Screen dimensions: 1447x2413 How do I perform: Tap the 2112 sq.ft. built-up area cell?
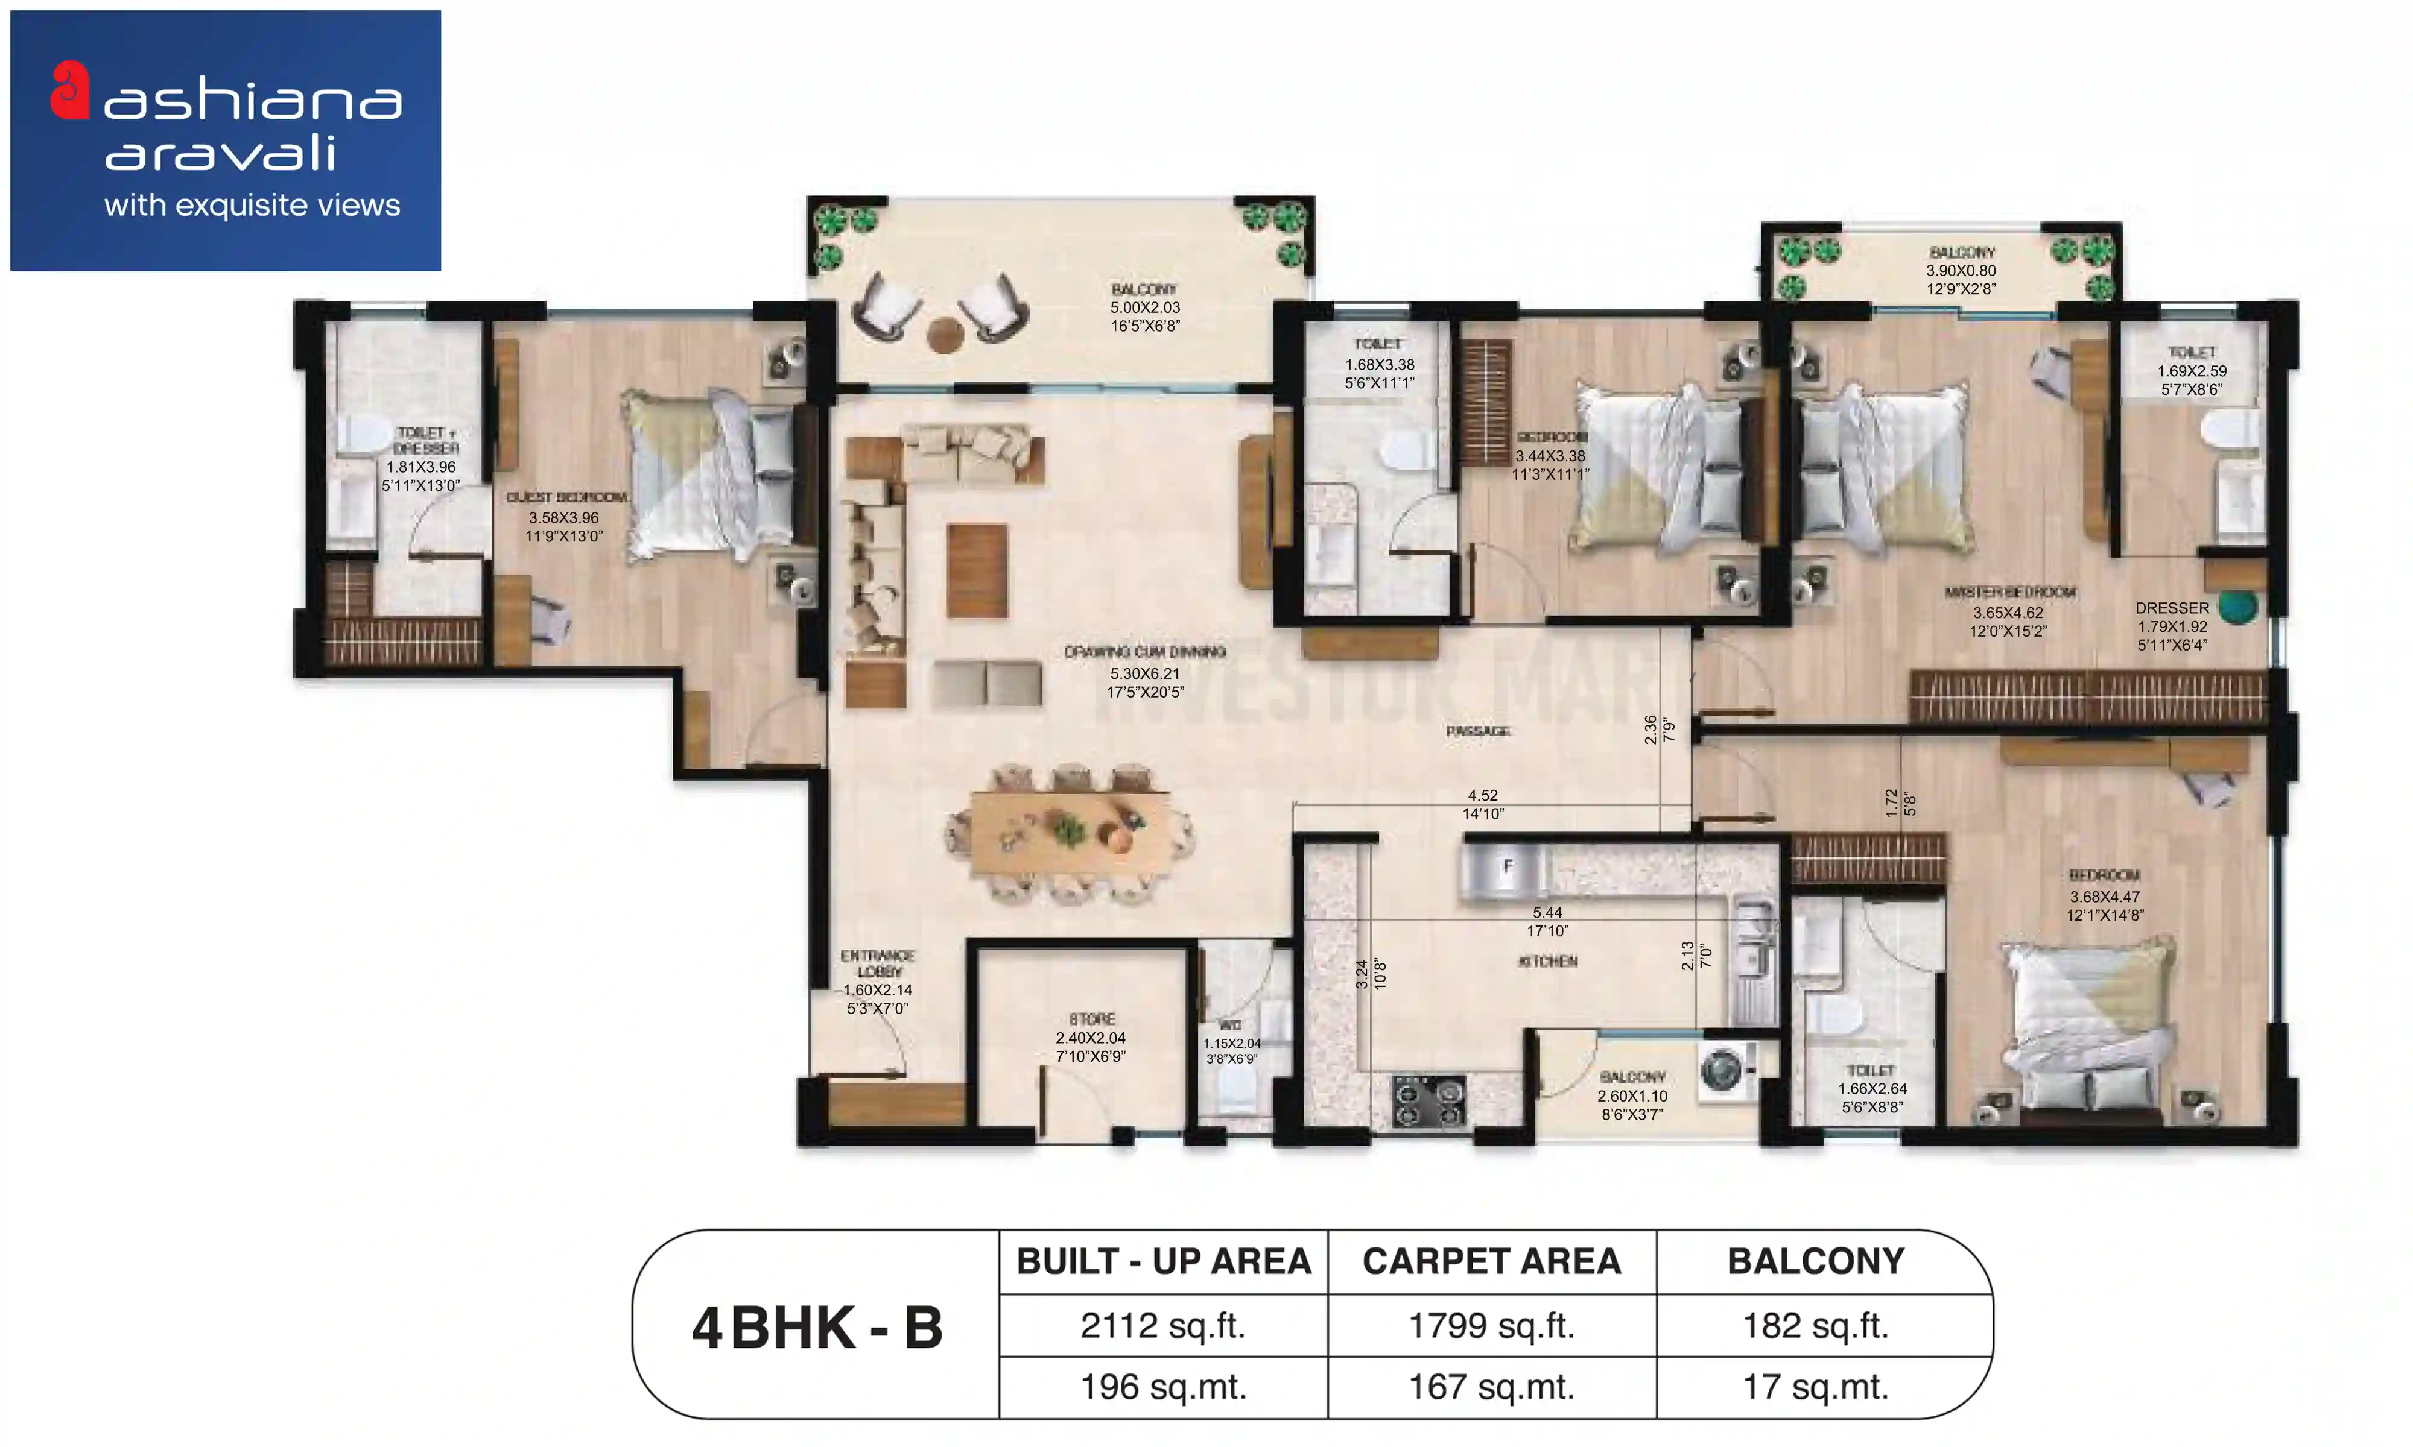click(x=1162, y=1326)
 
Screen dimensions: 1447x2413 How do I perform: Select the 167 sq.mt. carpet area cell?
click(x=1491, y=1387)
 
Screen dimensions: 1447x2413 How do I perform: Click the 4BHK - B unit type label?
click(x=817, y=1328)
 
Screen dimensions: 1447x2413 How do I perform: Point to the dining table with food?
click(x=1071, y=833)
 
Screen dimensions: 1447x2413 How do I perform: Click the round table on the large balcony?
click(x=945, y=335)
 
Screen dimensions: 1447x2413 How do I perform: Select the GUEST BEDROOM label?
click(x=566, y=498)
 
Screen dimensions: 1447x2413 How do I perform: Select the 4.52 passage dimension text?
click(x=1483, y=796)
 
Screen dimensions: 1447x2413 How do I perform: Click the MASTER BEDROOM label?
click(x=2009, y=593)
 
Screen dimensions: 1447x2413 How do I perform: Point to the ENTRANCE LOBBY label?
click(x=878, y=963)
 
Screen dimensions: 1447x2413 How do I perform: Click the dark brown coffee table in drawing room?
click(x=976, y=570)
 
